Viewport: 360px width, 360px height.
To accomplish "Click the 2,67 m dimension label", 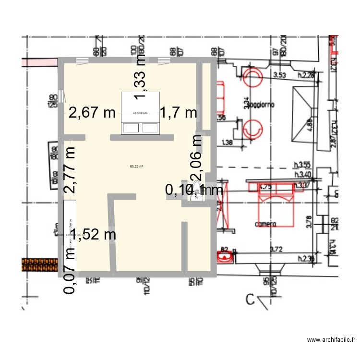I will (x=92, y=113).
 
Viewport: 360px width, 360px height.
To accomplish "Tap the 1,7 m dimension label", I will (x=178, y=113).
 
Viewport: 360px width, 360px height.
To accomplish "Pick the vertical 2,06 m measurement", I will (x=196, y=158).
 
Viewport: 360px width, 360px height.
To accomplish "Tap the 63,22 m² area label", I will (x=137, y=167).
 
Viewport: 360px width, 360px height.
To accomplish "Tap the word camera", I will (x=265, y=224).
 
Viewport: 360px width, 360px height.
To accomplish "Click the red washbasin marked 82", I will (x=224, y=257).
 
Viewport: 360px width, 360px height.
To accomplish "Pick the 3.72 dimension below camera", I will (x=276, y=249).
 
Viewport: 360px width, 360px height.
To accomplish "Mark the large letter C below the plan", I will (x=250, y=300).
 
